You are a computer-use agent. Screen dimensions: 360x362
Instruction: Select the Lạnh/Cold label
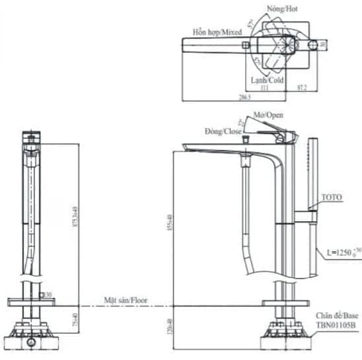pos(267,80)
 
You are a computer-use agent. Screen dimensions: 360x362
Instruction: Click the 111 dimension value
pos(264,88)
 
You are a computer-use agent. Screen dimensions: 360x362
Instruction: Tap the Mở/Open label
pos(270,115)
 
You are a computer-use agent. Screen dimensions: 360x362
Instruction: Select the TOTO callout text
pos(332,198)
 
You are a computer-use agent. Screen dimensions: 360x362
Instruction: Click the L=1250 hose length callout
pos(342,252)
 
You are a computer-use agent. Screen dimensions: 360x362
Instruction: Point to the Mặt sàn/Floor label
pos(126,300)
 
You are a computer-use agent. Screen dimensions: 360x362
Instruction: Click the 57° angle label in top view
pos(251,24)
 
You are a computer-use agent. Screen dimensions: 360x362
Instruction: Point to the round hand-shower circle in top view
pos(314,44)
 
